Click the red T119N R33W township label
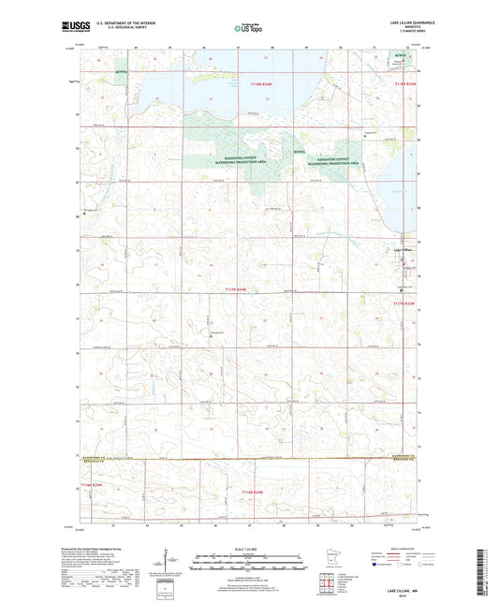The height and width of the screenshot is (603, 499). coord(404,84)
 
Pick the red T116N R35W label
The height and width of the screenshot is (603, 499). coord(94,484)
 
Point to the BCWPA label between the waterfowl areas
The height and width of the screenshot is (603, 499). coord(299,151)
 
